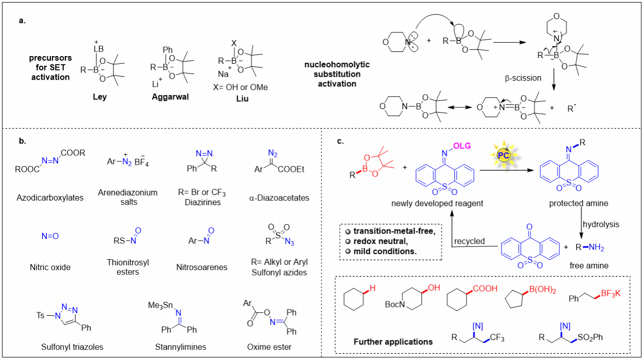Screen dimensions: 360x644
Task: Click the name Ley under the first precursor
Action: (100, 97)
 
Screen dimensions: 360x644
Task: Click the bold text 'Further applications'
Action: (393, 341)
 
